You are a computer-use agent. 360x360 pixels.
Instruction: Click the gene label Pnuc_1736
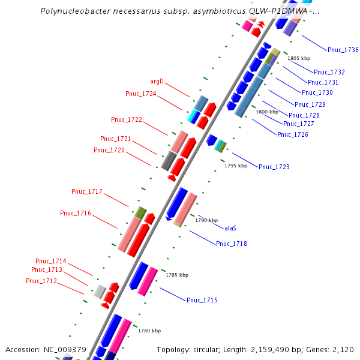(343, 50)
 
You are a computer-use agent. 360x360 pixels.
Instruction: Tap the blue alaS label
(230, 228)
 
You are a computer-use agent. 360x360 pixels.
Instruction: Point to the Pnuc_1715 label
(202, 300)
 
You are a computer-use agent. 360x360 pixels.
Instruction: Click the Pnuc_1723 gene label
(274, 167)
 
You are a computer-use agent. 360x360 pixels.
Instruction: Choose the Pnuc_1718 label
(232, 244)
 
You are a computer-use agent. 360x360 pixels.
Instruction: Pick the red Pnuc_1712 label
(41, 281)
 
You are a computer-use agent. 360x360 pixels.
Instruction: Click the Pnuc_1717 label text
(87, 192)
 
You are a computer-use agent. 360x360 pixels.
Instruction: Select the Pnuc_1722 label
(127, 119)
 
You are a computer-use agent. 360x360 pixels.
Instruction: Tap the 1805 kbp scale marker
(299, 59)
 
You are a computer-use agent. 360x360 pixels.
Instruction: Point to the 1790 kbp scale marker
(206, 220)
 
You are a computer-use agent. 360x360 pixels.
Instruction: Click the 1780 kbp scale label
(149, 331)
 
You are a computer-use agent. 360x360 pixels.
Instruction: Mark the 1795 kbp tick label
(236, 166)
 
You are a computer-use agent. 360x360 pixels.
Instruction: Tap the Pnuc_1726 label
(293, 134)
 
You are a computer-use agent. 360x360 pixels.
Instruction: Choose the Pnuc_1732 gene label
(329, 72)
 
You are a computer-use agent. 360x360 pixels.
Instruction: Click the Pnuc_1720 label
(109, 150)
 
